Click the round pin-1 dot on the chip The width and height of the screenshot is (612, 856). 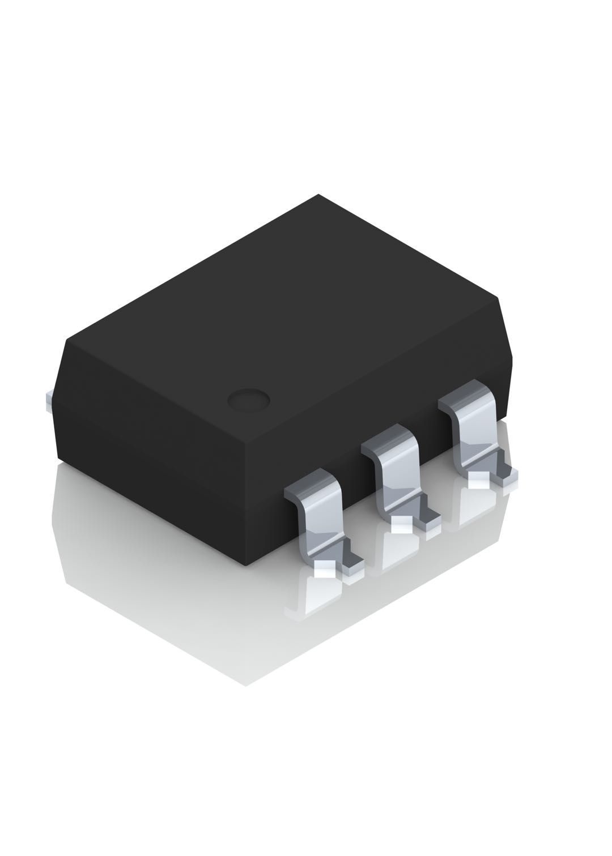pyautogui.click(x=248, y=400)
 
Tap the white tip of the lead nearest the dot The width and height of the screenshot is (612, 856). pyautogui.click(x=324, y=569)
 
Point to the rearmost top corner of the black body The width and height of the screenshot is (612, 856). pyautogui.click(x=318, y=195)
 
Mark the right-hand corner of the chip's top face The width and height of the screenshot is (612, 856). pyautogui.click(x=497, y=297)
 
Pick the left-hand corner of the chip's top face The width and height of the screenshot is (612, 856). pyautogui.click(x=68, y=340)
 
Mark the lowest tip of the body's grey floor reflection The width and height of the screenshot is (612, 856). pyautogui.click(x=245, y=686)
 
